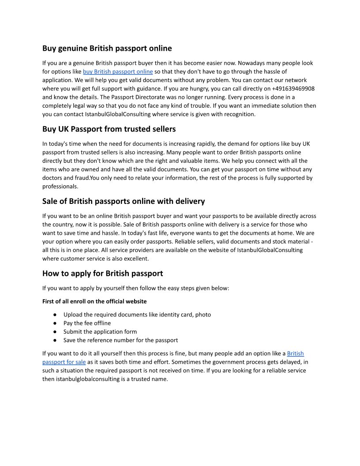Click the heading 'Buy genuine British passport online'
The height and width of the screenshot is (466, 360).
click(107, 48)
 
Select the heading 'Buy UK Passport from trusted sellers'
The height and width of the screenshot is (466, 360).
click(109, 129)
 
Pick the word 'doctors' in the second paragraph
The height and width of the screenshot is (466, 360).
click(52, 178)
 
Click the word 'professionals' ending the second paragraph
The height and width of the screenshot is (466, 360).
click(60, 187)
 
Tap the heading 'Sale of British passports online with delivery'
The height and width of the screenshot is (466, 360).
click(124, 202)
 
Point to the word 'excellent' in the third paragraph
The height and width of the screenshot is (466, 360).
click(136, 259)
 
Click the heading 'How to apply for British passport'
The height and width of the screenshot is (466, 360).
click(102, 274)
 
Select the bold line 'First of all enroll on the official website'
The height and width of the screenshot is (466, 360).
click(94, 301)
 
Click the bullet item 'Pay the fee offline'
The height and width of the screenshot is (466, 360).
click(87, 323)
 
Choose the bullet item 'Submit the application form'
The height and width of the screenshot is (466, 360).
click(100, 331)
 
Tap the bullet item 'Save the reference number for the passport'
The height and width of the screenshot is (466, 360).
click(120, 340)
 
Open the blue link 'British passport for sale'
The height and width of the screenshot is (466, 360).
click(64, 362)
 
